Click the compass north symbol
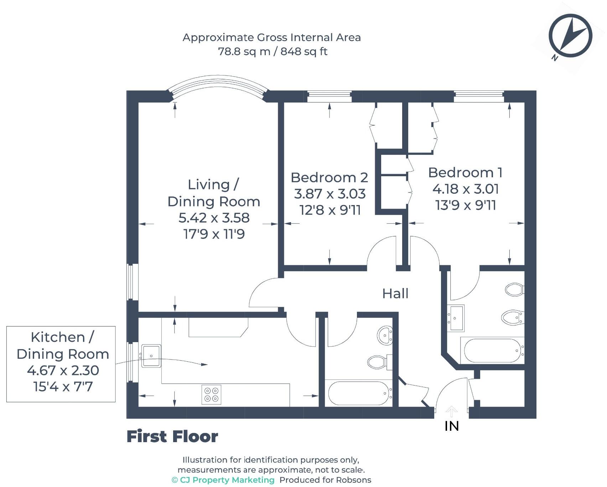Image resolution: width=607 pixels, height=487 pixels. (570, 37)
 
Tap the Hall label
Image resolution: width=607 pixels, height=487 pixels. (395, 294)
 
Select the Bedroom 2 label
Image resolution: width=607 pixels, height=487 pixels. (329, 177)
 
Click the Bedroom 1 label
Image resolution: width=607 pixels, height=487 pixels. (465, 173)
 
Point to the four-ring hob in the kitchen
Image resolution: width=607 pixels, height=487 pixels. (211, 394)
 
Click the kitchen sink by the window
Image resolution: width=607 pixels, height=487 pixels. (151, 355)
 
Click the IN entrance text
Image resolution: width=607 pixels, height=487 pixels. (452, 426)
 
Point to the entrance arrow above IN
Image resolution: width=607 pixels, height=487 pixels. (451, 411)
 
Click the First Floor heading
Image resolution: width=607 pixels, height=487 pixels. (172, 436)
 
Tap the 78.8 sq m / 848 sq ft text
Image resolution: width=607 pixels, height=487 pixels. (273, 52)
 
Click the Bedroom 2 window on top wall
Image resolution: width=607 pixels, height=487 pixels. (329, 96)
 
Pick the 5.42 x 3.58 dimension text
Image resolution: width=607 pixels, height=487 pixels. (214, 218)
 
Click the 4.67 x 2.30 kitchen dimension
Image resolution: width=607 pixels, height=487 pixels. (63, 371)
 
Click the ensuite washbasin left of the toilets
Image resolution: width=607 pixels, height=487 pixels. (456, 318)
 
